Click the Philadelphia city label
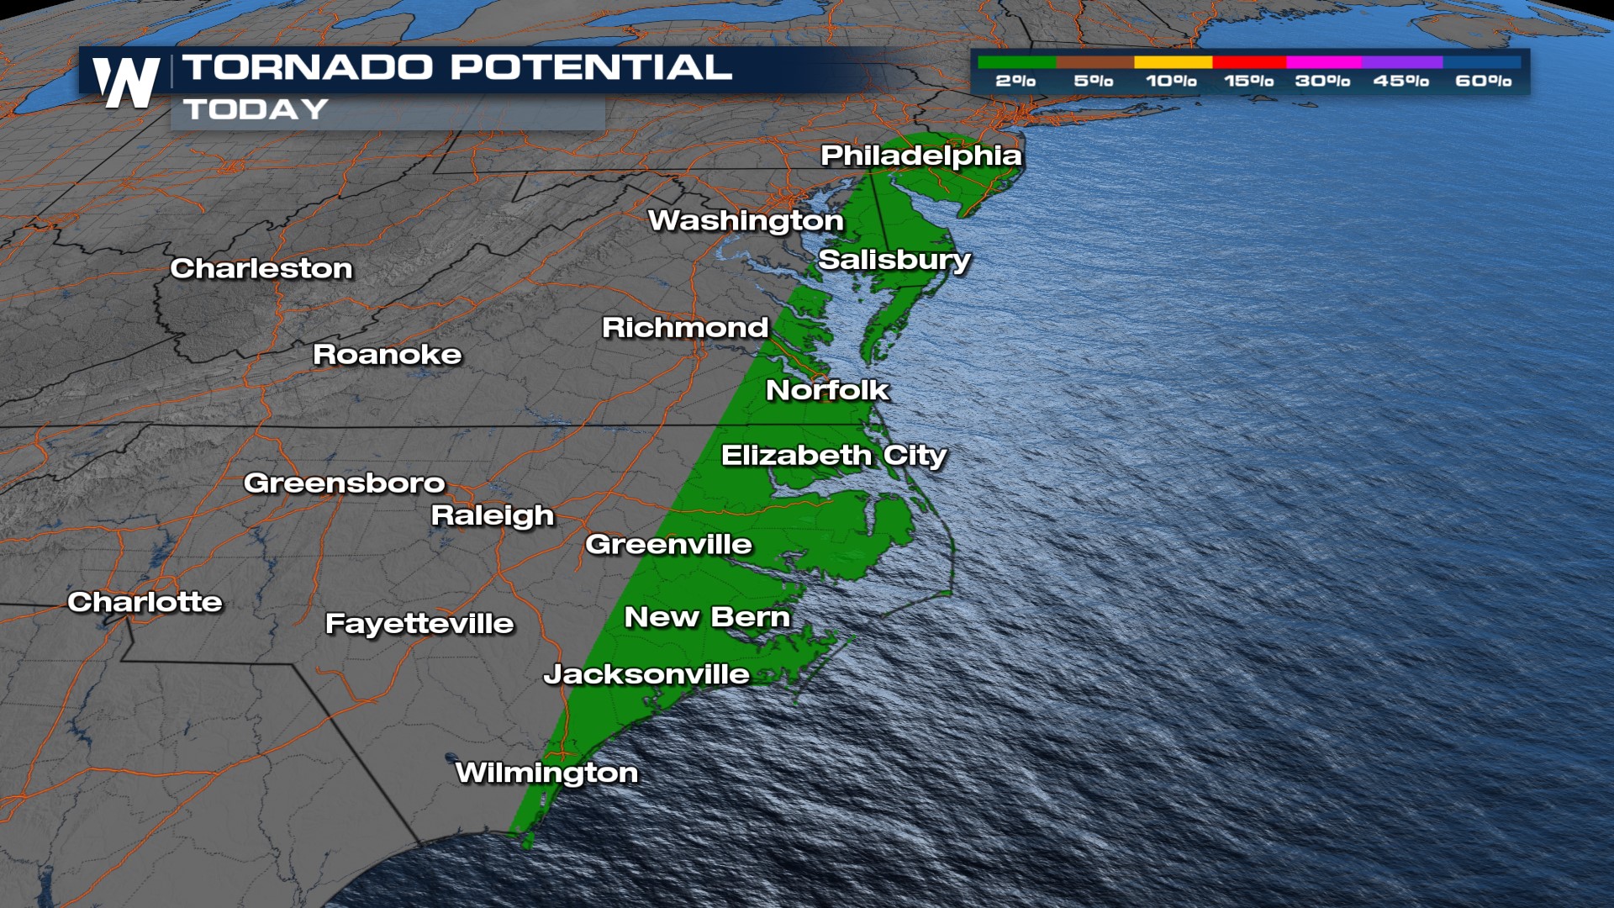921,156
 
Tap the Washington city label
746,220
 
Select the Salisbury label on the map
894,260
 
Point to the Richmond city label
685,327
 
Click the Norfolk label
827,390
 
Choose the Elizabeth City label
834,456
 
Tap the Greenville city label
668,544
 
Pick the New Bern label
707,617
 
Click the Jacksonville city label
646,674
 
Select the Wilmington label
546,773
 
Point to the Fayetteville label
419,624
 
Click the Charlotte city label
145,602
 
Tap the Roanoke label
387,355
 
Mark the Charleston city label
261,268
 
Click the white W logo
126,83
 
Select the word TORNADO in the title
308,67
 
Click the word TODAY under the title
256,109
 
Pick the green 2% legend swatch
1016,62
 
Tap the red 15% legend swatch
1249,62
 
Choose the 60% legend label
1483,81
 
